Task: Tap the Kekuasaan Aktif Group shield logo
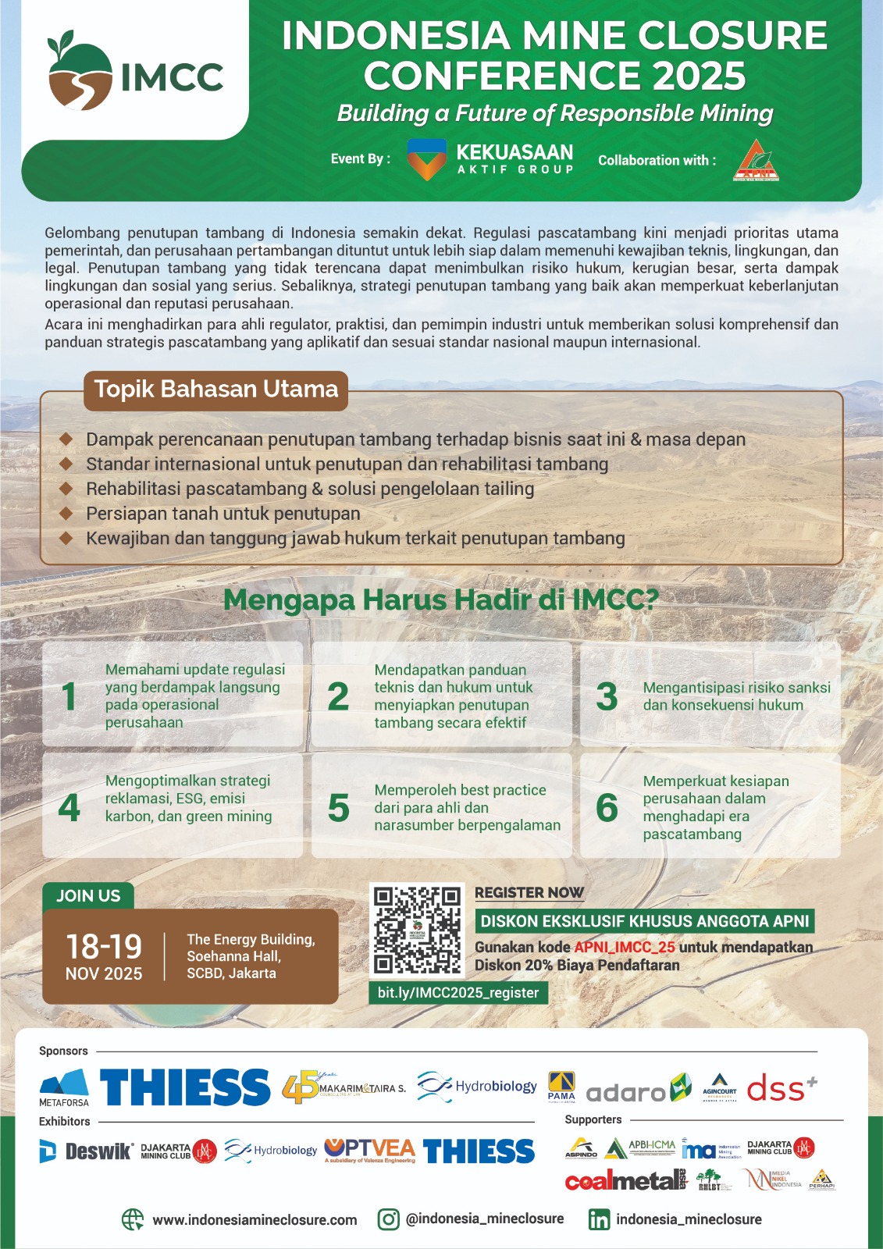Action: click(x=426, y=159)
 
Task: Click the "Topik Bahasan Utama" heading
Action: click(x=216, y=390)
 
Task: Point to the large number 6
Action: click(x=607, y=808)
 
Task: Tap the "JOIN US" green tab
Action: click(x=88, y=896)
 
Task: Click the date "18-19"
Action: click(x=104, y=947)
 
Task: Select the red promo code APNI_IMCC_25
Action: click(x=625, y=947)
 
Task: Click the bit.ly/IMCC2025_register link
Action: click(x=458, y=993)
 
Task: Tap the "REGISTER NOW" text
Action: click(x=529, y=892)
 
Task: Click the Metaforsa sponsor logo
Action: click(x=64, y=1087)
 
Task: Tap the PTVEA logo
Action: click(x=369, y=1150)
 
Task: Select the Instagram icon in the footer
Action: click(x=389, y=1219)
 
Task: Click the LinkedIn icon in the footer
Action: click(x=599, y=1219)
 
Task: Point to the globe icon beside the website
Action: click(x=133, y=1219)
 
